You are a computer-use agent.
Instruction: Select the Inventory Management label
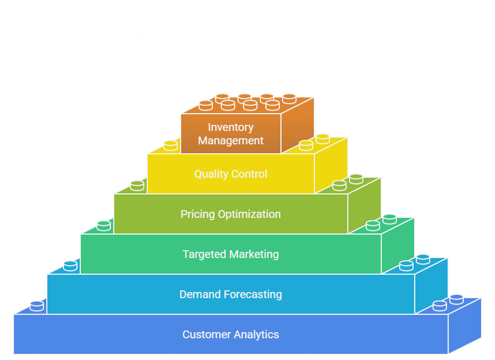click(x=230, y=134)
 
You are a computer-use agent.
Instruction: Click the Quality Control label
click(x=230, y=174)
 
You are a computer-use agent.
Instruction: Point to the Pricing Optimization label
click(x=230, y=214)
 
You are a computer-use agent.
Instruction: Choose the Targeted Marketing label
click(x=230, y=254)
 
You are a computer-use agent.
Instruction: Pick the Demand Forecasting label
click(x=230, y=294)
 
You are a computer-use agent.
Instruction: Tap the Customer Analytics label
click(x=230, y=334)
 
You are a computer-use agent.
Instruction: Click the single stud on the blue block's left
click(x=37, y=305)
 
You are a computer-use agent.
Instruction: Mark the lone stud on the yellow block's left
click(x=171, y=145)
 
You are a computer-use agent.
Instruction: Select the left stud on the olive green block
click(x=137, y=185)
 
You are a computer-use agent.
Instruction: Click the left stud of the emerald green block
click(x=104, y=225)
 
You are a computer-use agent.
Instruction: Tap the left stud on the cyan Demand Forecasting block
click(x=70, y=265)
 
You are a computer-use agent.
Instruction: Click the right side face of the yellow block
click(x=331, y=167)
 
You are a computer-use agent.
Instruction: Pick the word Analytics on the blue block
click(x=256, y=334)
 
